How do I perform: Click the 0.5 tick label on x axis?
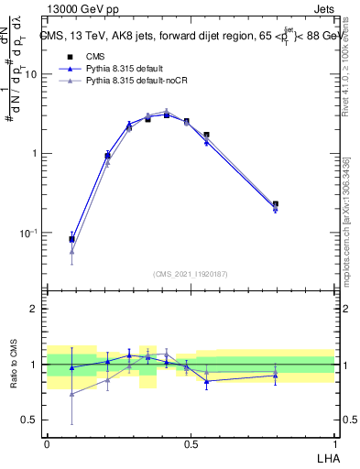191,442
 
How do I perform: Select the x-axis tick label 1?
334,442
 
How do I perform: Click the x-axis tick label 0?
47,442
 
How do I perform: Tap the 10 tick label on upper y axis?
30,74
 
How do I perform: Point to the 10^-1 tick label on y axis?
28,233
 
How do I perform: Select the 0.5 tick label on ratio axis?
29,420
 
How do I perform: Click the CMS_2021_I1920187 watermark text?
191,274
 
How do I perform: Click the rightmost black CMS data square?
276,204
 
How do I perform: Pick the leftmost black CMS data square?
71,239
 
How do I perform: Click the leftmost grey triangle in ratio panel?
71,394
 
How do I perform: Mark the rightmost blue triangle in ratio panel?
276,375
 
